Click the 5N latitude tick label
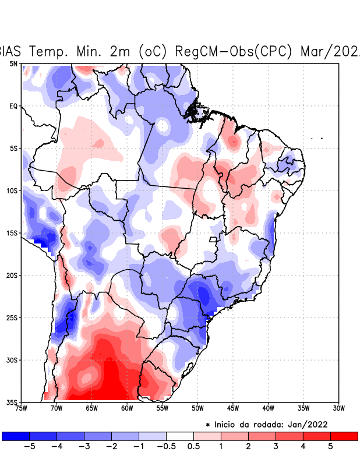click(13, 63)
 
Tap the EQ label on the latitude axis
click(13, 106)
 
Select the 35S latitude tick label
click(12, 403)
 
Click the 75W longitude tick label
click(22, 408)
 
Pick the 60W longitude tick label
click(127, 408)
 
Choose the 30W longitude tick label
click(338, 408)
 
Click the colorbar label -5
click(29, 447)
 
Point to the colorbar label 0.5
click(193, 447)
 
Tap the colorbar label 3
click(276, 447)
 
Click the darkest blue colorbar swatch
click(16, 436)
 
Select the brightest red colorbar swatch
click(344, 436)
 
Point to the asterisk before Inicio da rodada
click(208, 425)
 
